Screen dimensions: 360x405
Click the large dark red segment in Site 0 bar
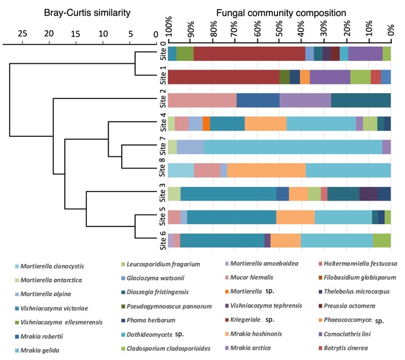click(249, 53)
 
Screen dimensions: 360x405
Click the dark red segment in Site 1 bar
click(223, 76)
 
